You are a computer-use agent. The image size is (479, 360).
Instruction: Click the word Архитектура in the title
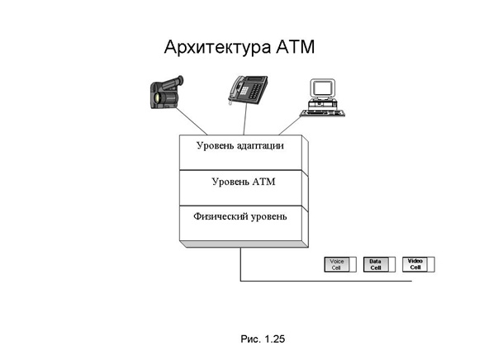pyautogui.click(x=217, y=48)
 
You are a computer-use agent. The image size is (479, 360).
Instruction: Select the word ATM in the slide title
pyautogui.click(x=295, y=47)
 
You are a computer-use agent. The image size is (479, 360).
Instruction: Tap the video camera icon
pyautogui.click(x=167, y=92)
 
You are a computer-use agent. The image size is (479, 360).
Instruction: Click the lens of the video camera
pyautogui.click(x=158, y=97)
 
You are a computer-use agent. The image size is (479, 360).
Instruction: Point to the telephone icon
pyautogui.click(x=248, y=90)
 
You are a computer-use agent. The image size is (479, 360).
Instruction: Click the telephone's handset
pyautogui.click(x=235, y=88)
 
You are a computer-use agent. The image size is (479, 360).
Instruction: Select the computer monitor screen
pyautogui.click(x=322, y=88)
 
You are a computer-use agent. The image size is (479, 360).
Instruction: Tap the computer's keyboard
pyautogui.click(x=322, y=113)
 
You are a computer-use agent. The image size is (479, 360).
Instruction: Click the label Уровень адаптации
pyautogui.click(x=240, y=145)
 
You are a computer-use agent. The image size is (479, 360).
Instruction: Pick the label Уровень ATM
pyautogui.click(x=244, y=182)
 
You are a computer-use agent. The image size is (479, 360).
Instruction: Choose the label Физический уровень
pyautogui.click(x=240, y=216)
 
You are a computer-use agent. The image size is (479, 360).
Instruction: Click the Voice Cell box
pyautogui.click(x=340, y=264)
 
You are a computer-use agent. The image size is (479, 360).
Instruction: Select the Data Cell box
pyautogui.click(x=379, y=264)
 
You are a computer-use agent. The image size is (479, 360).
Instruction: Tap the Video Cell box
pyautogui.click(x=418, y=264)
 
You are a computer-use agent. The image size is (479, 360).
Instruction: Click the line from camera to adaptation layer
pyautogui.click(x=192, y=121)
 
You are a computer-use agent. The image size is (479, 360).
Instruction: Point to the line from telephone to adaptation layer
pyautogui.click(x=245, y=119)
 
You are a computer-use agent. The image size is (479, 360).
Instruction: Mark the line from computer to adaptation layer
pyautogui.click(x=290, y=126)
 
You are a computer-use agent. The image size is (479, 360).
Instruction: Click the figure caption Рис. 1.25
pyautogui.click(x=263, y=339)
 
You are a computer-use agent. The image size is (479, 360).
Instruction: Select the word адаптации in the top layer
pyautogui.click(x=261, y=146)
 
